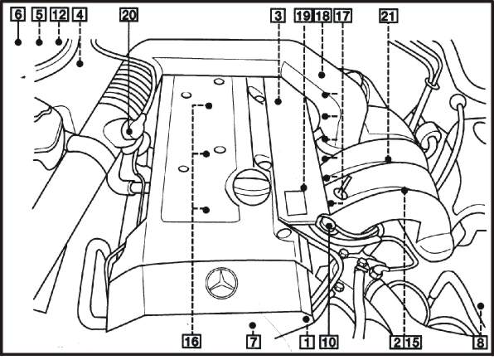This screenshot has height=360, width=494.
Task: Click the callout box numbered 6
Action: (18, 15)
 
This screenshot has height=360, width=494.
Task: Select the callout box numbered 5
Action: (39, 15)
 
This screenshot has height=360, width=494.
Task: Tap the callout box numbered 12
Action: (60, 15)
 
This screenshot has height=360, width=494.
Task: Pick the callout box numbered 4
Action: (80, 15)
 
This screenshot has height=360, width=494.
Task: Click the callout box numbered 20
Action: (128, 15)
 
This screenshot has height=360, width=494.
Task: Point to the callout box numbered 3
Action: (278, 16)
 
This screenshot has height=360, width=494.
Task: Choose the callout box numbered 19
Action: (303, 16)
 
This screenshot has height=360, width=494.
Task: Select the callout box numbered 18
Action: (322, 16)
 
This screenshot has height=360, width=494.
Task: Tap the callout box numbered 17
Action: (342, 16)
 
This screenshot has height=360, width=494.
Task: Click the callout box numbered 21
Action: (389, 16)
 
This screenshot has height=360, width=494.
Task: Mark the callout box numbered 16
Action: (191, 342)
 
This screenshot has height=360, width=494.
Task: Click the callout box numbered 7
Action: (254, 342)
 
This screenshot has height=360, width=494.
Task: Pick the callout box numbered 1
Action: (307, 342)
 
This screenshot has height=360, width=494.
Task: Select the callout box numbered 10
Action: (328, 342)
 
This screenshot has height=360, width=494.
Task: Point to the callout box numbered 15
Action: (413, 342)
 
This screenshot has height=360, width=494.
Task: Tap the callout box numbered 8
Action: (480, 342)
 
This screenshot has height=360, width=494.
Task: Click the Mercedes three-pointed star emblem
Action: (221, 283)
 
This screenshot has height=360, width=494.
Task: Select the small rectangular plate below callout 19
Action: (296, 202)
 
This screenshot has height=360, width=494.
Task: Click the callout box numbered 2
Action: (397, 342)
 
